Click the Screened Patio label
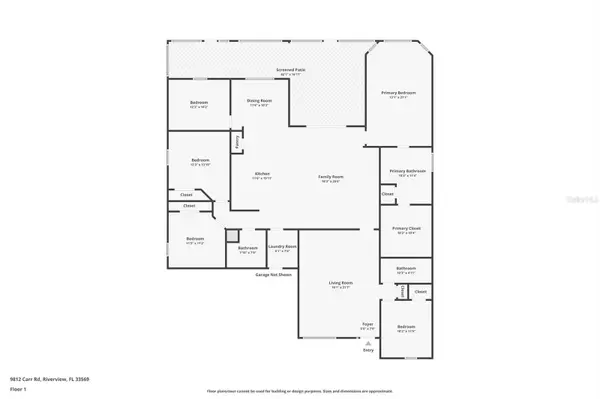pyautogui.click(x=292, y=70)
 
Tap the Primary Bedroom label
pyautogui.click(x=398, y=93)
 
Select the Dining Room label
pyautogui.click(x=259, y=101)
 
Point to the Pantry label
pyautogui.click(x=237, y=142)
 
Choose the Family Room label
pyautogui.click(x=331, y=177)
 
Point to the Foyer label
pyautogui.click(x=367, y=325)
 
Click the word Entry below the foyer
pyautogui.click(x=368, y=351)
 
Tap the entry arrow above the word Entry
pyautogui.click(x=368, y=341)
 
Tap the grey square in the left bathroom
pyautogui.click(x=231, y=236)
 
